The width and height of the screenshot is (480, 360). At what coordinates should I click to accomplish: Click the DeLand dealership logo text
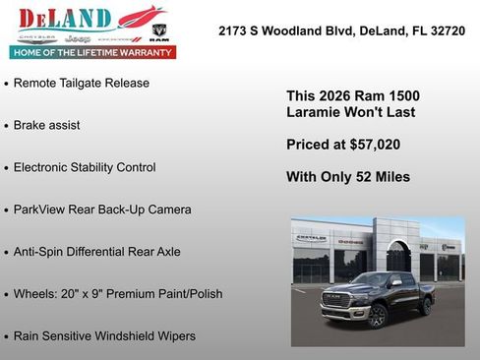point(54,18)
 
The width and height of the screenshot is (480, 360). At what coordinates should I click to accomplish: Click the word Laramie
point(313,112)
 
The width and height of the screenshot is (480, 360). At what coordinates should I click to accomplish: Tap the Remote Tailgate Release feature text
point(81,84)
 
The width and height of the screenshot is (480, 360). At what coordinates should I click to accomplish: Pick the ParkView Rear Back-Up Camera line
point(102,210)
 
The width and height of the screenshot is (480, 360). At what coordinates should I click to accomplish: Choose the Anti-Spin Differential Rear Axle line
point(96,252)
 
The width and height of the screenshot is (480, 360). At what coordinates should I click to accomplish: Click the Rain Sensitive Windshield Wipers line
point(104,336)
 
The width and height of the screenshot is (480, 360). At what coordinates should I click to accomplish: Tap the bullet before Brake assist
point(7,127)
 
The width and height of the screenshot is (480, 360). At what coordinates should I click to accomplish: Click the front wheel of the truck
point(378,316)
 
